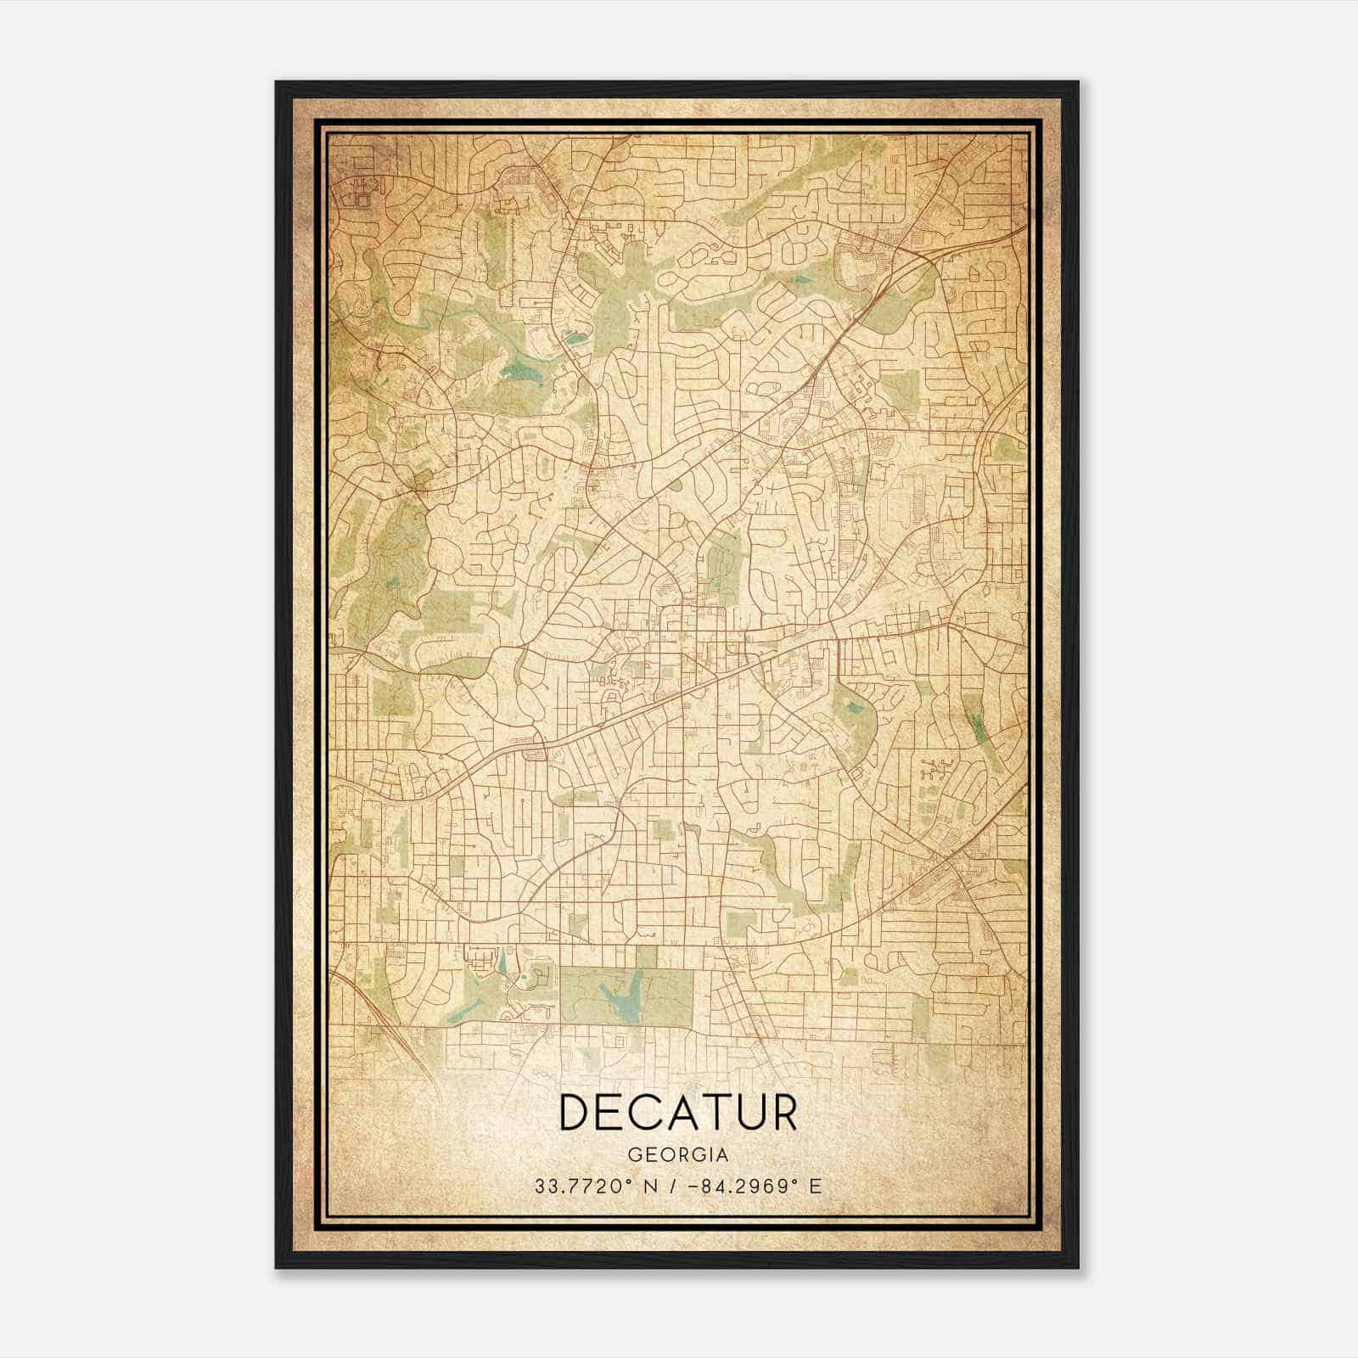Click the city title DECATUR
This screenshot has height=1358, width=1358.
pos(678,1114)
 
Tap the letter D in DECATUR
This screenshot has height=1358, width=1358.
pos(577,1114)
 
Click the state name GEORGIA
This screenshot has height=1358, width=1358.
pos(678,1154)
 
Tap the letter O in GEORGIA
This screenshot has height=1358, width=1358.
pos(666,1154)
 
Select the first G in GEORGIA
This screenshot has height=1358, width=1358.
pos(634,1154)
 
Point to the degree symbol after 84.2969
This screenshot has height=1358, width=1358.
pos(793,1181)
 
